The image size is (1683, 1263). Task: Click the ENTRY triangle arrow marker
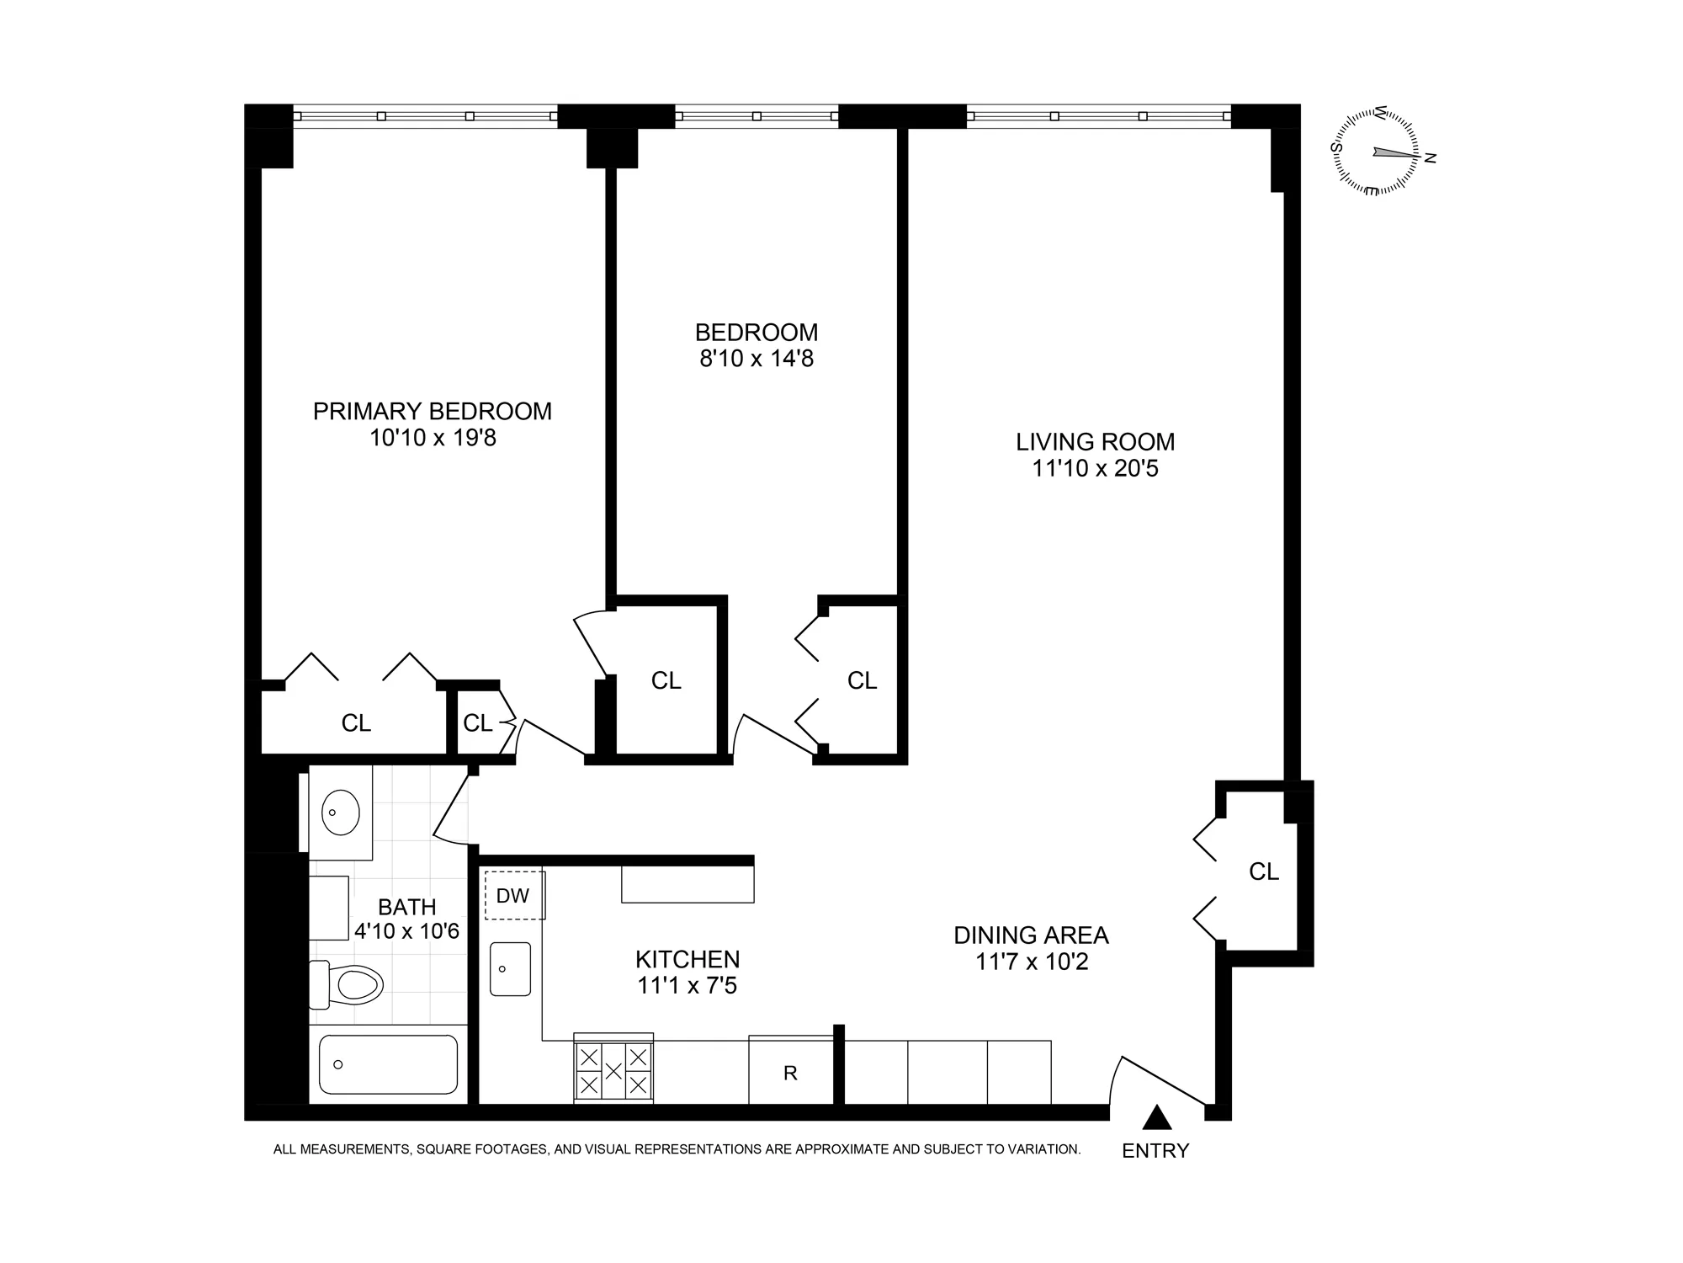(1157, 1118)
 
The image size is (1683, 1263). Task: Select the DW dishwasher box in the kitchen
(513, 895)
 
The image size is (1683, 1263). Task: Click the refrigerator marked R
(790, 1073)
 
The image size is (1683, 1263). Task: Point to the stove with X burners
(613, 1069)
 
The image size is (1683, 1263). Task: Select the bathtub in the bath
(388, 1064)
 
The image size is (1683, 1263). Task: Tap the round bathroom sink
(341, 813)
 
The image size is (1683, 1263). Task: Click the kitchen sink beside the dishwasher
(510, 968)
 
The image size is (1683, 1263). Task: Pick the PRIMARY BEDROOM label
(433, 411)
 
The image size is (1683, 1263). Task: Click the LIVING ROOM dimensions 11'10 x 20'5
(1095, 468)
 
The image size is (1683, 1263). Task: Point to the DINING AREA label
(1031, 935)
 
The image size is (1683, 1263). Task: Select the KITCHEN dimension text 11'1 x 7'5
(687, 985)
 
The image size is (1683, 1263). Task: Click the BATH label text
(407, 907)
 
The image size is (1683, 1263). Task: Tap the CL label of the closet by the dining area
(1263, 871)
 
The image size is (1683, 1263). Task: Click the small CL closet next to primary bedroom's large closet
(477, 722)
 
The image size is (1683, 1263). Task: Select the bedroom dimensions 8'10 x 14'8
(757, 359)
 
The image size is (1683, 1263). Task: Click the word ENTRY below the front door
(1155, 1150)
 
